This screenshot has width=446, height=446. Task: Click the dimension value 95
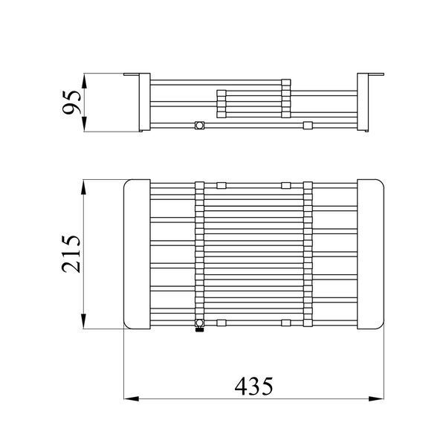[72, 103]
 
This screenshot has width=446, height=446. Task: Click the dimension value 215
[71, 254]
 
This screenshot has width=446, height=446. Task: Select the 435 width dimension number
[253, 387]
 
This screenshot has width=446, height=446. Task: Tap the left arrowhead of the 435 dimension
[132, 398]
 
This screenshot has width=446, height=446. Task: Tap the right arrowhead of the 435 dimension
[376, 398]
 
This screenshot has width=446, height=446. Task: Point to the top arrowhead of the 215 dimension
[83, 187]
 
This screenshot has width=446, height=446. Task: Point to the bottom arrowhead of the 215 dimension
[83, 321]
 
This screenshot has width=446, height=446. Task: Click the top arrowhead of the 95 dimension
[84, 81]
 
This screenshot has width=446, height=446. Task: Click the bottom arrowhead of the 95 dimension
[84, 124]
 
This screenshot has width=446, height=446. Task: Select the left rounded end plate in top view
[137, 254]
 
